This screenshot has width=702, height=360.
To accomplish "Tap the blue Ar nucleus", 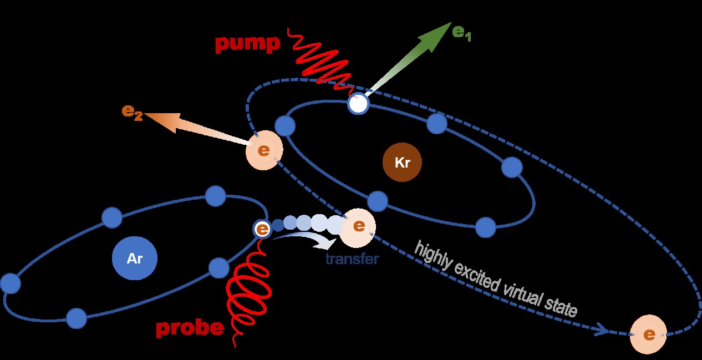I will (135, 258).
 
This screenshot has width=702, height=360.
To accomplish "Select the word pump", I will (247, 44).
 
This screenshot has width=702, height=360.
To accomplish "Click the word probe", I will (190, 329).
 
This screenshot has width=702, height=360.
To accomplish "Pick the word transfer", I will (352, 259).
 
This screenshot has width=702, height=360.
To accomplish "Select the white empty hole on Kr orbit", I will (358, 104).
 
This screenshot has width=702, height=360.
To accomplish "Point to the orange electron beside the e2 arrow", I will (264, 150).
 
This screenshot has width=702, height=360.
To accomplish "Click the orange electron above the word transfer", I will (358, 226).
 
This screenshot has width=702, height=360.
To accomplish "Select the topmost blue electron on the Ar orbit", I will (215, 196).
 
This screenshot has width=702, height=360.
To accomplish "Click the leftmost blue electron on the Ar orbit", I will (10, 284).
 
